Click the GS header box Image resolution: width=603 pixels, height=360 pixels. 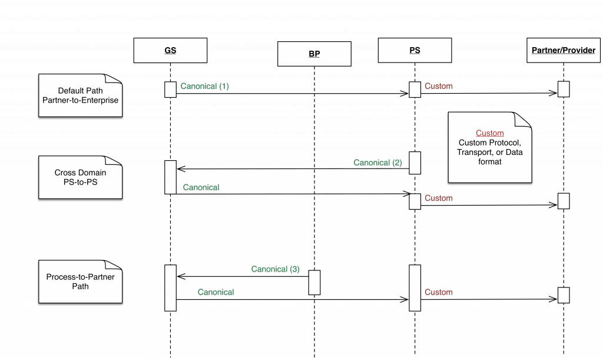coord(170,51)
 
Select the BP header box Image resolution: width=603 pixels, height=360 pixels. coord(314,54)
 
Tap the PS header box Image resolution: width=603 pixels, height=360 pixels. coord(415,50)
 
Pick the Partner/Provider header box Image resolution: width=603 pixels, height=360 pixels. coord(564,50)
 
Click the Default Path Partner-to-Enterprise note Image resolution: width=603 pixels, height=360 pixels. coord(80,95)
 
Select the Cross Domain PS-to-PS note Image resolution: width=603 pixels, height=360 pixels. coord(80,177)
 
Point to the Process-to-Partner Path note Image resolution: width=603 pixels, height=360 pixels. coord(80,282)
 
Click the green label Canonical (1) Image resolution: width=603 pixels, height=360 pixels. coord(204,86)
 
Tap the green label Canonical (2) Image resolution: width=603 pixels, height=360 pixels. coord(377,163)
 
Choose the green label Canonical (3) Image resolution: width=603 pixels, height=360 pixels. coord(275,269)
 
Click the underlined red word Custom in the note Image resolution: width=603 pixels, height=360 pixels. coord(490,133)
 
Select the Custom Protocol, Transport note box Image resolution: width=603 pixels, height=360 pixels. coord(490,147)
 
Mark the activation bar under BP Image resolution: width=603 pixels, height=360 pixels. coord(314,282)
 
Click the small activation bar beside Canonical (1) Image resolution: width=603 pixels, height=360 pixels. coord(170,90)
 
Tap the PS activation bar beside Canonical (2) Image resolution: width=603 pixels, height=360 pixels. coord(415,163)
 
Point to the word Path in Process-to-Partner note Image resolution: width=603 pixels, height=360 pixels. coord(81,286)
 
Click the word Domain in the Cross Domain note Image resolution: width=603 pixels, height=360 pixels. coord(93,173)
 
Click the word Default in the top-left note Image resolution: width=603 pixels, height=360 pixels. coord(71,91)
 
